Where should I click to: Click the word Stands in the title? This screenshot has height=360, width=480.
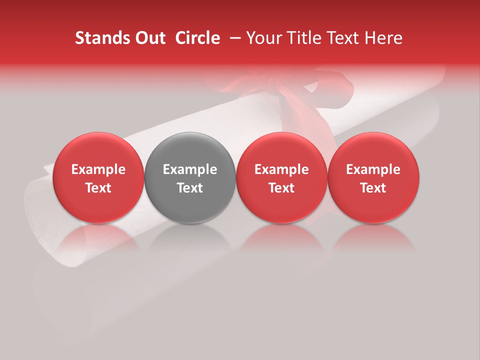(102, 38)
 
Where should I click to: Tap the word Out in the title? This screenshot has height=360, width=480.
(150, 38)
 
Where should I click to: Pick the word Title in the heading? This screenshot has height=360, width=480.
(300, 38)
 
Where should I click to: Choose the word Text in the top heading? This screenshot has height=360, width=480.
(341, 38)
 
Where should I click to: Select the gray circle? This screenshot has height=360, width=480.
(190, 177)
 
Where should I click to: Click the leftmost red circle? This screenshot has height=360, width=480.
(98, 177)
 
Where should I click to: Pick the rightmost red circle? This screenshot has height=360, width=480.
(373, 177)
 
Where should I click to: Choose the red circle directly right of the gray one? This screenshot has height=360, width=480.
(281, 177)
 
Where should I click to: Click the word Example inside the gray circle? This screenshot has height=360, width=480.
(190, 169)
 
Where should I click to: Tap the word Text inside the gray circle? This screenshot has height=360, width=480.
(190, 188)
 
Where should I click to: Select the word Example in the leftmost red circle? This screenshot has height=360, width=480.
(98, 169)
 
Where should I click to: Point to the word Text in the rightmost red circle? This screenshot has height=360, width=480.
(373, 188)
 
